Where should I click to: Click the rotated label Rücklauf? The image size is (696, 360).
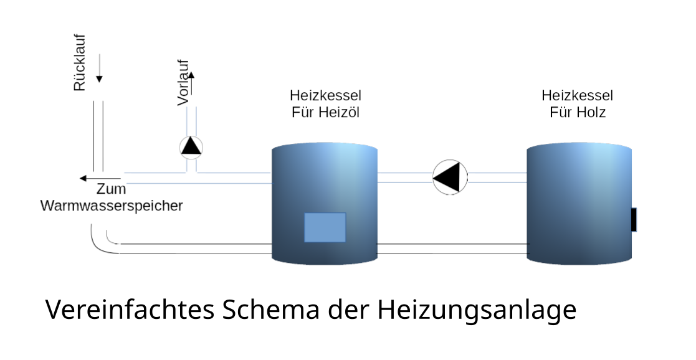coord(80,62)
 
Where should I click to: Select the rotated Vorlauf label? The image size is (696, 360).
coord(183,84)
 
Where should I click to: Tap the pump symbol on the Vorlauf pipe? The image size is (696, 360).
coord(191,147)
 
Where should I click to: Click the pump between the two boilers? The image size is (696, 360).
coord(450,177)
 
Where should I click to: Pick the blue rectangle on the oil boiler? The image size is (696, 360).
coord(325,227)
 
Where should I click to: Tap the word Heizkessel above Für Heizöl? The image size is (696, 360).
coord(325,96)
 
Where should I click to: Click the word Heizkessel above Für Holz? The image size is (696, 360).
coord(577,96)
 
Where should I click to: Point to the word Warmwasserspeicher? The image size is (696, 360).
coord(112,206)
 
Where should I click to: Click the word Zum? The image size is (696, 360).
coord(112,189)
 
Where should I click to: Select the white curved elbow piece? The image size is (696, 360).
coord(105,239)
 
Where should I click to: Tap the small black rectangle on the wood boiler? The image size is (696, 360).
coord(634,220)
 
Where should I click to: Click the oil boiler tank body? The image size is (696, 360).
coord(324,187)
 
